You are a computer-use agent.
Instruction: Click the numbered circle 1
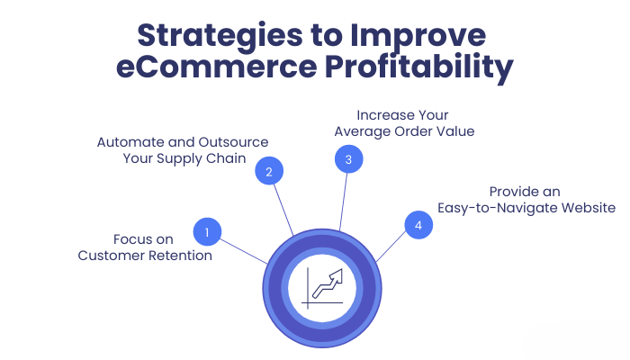pos(207,232)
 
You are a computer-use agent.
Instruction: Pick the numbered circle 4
pos(418,225)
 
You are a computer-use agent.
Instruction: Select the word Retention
pos(178,256)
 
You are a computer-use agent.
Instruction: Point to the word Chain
pos(223,159)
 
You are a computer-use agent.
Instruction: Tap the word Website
pos(585,208)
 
